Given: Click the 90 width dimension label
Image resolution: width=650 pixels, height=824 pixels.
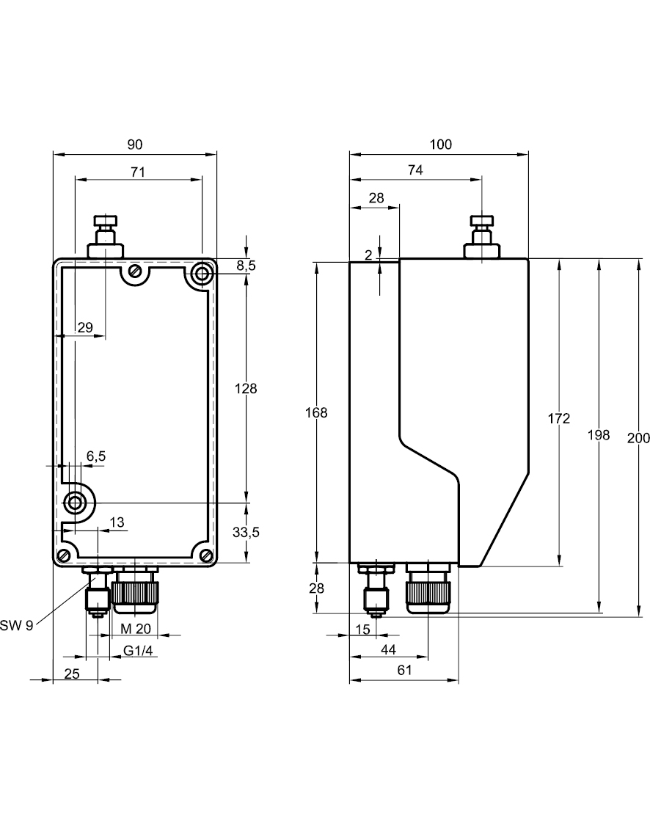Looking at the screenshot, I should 135,145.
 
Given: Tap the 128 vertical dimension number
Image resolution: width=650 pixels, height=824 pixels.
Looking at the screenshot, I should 246,389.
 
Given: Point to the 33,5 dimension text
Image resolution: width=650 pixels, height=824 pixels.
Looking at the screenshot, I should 246,533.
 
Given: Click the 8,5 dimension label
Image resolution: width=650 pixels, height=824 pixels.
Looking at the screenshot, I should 246,266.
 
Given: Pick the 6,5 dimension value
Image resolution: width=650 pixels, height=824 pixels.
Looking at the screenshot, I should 96,456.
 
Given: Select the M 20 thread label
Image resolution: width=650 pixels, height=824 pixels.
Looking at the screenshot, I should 136,628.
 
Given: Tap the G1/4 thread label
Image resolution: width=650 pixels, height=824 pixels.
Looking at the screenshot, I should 138,650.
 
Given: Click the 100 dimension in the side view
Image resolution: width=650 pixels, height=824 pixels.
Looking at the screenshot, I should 440,145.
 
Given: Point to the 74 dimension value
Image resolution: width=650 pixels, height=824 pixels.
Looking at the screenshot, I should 415,170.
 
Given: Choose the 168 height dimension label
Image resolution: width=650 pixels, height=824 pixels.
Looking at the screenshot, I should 316,412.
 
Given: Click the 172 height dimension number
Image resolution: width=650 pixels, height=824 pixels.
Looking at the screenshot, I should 559,418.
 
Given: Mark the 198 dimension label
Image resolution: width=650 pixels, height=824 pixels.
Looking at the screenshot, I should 599,435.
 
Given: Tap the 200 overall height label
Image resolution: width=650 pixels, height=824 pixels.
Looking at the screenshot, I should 639,438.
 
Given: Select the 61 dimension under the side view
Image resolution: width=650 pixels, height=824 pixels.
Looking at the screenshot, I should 404,670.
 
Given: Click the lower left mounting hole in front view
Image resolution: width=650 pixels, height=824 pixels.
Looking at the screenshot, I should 75,503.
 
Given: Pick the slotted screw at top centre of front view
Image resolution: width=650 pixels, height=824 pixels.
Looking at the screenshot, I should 134,271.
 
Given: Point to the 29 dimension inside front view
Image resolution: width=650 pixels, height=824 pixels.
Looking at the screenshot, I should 85,328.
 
